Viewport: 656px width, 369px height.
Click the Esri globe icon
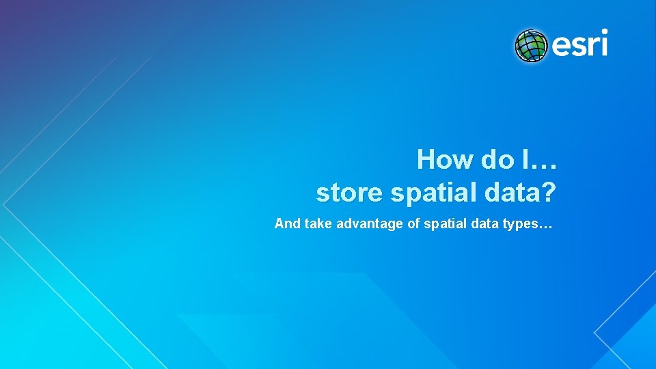[x=532, y=46]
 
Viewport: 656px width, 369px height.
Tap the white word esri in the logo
[x=579, y=46]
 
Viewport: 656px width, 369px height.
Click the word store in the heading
[x=349, y=193]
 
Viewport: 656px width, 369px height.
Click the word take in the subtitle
[x=316, y=223]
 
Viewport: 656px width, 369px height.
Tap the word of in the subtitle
[x=413, y=223]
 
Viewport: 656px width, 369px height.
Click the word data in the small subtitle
[x=484, y=223]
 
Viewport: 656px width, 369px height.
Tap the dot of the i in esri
[x=603, y=33]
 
